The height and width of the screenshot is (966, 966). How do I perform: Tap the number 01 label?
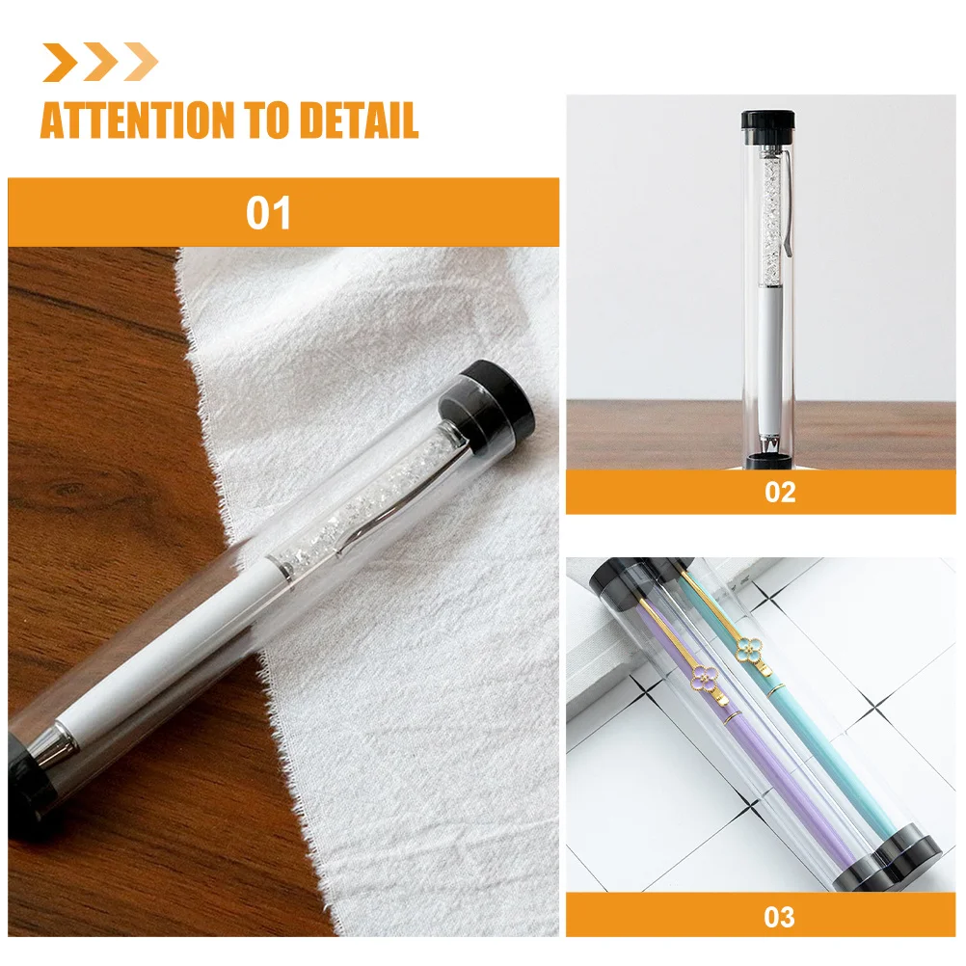click(x=269, y=213)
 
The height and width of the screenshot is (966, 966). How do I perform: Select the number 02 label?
click(x=780, y=492)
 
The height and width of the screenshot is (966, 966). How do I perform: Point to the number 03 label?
click(x=780, y=915)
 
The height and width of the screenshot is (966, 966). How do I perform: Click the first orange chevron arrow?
click(x=61, y=63)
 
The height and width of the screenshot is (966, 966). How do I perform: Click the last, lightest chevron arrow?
click(x=140, y=63)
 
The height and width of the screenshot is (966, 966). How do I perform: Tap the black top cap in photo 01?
click(x=496, y=396)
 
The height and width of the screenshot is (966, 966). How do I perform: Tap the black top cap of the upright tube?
click(x=767, y=122)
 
